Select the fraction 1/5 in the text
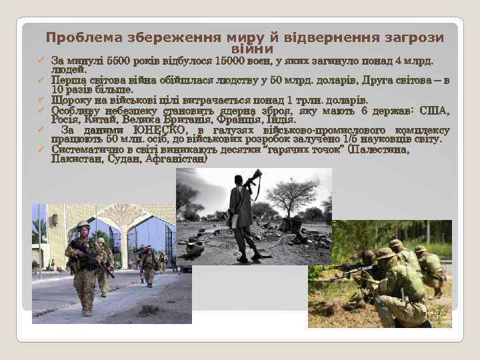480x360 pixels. tap(347, 139)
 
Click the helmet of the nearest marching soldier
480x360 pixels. tap(83, 225)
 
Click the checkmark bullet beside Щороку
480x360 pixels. tap(39, 101)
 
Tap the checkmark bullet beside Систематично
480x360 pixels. tap(39, 150)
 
